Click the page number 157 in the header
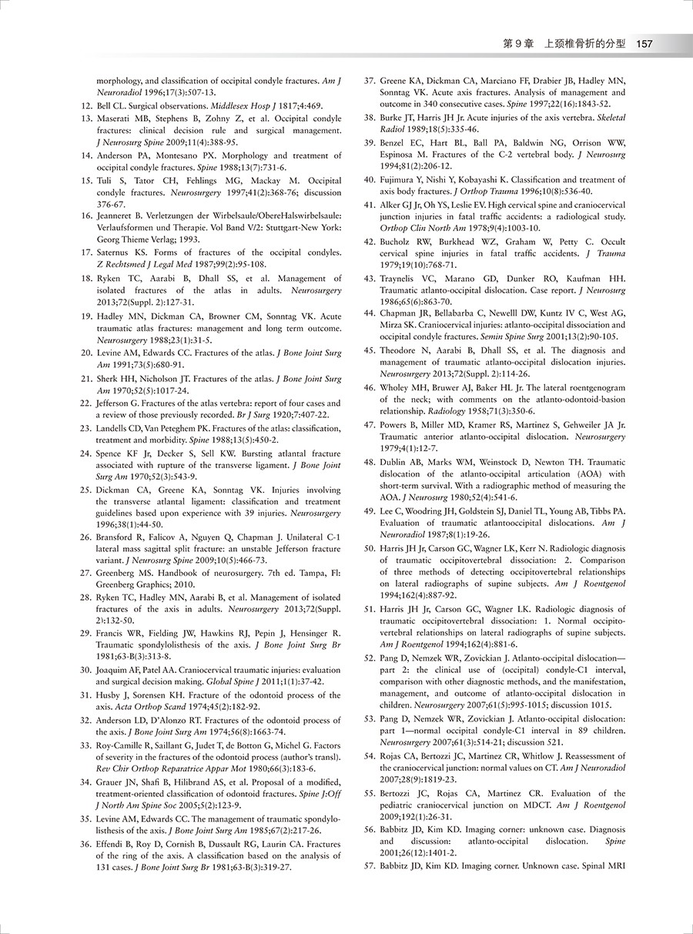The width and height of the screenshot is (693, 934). pos(644,44)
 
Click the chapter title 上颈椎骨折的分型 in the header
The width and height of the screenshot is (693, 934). pos(584,44)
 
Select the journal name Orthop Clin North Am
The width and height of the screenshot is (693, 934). pos(420,228)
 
